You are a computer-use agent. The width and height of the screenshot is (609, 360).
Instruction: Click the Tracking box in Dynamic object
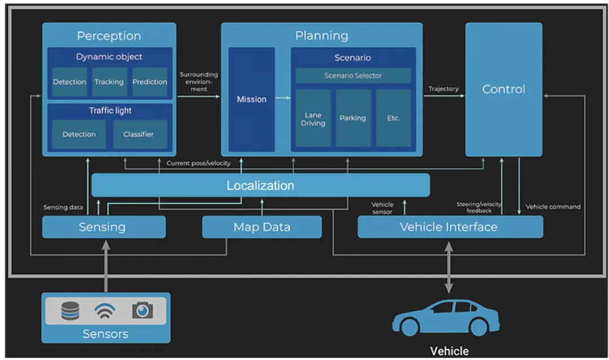pyautogui.click(x=109, y=82)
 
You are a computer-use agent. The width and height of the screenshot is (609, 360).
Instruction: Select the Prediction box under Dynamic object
pyautogui.click(x=150, y=82)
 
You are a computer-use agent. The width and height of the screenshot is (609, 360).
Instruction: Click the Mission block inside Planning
pyautogui.click(x=251, y=99)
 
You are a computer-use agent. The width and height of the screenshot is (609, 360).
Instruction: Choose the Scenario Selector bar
pyautogui.click(x=353, y=76)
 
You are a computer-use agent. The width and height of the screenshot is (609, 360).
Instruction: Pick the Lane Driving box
pyautogui.click(x=313, y=118)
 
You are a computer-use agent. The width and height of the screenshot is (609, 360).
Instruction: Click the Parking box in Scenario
pyautogui.click(x=353, y=118)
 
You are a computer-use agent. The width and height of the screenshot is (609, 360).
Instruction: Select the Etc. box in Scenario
pyautogui.click(x=394, y=118)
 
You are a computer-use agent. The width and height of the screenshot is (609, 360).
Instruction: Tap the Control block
pyautogui.click(x=504, y=89)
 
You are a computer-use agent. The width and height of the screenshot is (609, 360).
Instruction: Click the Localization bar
pyautogui.click(x=261, y=185)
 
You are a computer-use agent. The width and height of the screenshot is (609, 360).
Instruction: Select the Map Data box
pyautogui.click(x=262, y=227)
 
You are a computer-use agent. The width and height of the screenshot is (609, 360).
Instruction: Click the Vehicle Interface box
pyautogui.click(x=449, y=227)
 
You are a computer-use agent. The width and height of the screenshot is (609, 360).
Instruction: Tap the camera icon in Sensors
pyautogui.click(x=142, y=310)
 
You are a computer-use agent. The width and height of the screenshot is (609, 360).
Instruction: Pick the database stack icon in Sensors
pyautogui.click(x=70, y=310)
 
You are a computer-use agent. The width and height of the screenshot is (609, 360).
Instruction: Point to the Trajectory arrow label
pyautogui.click(x=444, y=89)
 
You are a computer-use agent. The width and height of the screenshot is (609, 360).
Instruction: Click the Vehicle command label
pyautogui.click(x=553, y=207)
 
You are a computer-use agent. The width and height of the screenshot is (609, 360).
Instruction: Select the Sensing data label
pyautogui.click(x=63, y=208)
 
